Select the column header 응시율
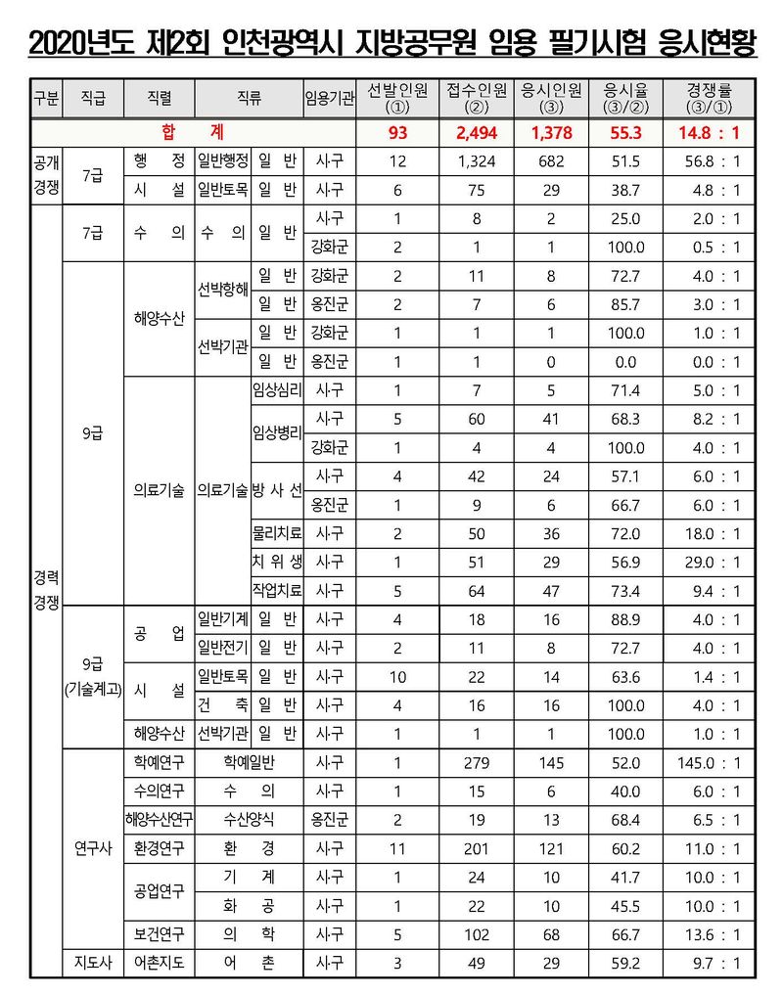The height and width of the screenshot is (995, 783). pyautogui.click(x=623, y=98)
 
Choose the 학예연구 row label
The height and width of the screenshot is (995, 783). pyautogui.click(x=159, y=762)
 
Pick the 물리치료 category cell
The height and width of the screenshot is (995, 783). pyautogui.click(x=277, y=533)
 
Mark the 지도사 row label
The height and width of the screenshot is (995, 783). pyautogui.click(x=91, y=964)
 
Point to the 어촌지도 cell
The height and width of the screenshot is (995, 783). pyautogui.click(x=159, y=964)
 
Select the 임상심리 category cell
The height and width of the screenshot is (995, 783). pyautogui.click(x=277, y=390)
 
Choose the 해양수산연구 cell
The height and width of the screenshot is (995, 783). pyautogui.click(x=159, y=819)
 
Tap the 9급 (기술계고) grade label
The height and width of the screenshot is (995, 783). pyautogui.click(x=91, y=676)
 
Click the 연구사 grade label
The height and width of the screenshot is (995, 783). pyautogui.click(x=91, y=847)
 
